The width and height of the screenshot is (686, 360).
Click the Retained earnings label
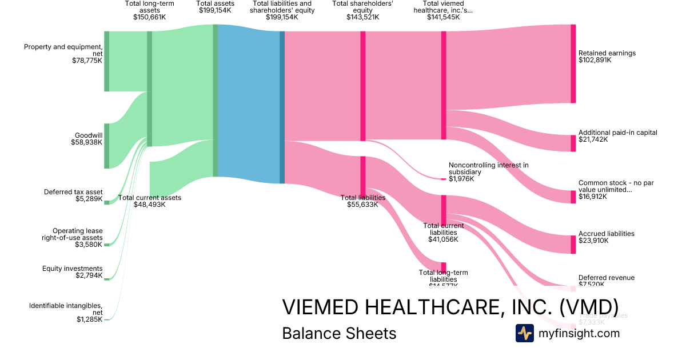point(607,53)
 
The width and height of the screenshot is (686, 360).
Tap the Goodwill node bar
point(106,146)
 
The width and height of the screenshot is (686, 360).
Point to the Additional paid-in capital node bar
point(573,143)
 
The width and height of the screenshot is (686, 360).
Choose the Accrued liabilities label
point(606,234)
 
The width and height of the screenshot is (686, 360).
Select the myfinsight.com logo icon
point(524,333)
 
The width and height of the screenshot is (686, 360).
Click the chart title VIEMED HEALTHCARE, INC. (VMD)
point(450,307)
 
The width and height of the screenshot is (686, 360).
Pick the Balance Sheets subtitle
point(339,333)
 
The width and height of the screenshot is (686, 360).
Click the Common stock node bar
point(573,197)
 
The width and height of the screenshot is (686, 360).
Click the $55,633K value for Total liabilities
point(362,205)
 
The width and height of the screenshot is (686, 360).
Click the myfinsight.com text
point(579,333)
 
